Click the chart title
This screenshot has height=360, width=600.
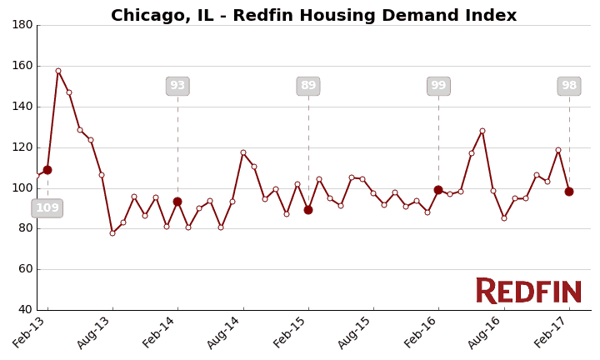(313, 16)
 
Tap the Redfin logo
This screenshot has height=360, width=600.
(528, 291)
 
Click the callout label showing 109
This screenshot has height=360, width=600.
(47, 208)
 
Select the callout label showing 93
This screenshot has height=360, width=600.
(177, 86)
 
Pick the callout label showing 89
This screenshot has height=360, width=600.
(308, 86)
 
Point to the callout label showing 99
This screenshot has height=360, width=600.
(438, 86)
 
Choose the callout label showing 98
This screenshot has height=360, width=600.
(569, 86)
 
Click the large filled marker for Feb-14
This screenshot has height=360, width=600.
(177, 202)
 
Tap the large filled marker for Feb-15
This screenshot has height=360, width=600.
(308, 210)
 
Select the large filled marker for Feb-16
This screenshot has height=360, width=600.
(438, 190)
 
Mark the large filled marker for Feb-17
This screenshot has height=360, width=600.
(569, 192)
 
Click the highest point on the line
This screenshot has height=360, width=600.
(58, 71)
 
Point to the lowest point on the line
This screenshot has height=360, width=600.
(112, 233)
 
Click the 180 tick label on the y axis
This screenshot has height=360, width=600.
(22, 25)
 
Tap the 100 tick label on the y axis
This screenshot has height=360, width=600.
(22, 188)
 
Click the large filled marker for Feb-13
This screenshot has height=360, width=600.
(47, 170)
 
